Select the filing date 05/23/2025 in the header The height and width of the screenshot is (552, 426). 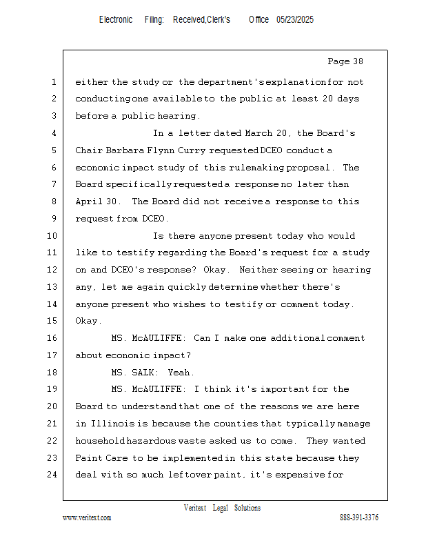click(x=295, y=20)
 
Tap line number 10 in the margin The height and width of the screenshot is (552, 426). click(x=53, y=236)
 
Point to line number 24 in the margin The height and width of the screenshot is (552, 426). click(x=53, y=475)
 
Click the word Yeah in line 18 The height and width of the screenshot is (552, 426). click(x=181, y=373)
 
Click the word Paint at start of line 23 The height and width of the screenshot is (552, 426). click(x=88, y=458)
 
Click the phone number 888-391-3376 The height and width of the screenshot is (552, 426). click(x=358, y=517)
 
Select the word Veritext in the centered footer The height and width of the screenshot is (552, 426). click(x=194, y=508)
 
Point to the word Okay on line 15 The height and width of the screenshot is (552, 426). click(x=88, y=321)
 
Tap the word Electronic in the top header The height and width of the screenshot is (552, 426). click(x=116, y=20)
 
